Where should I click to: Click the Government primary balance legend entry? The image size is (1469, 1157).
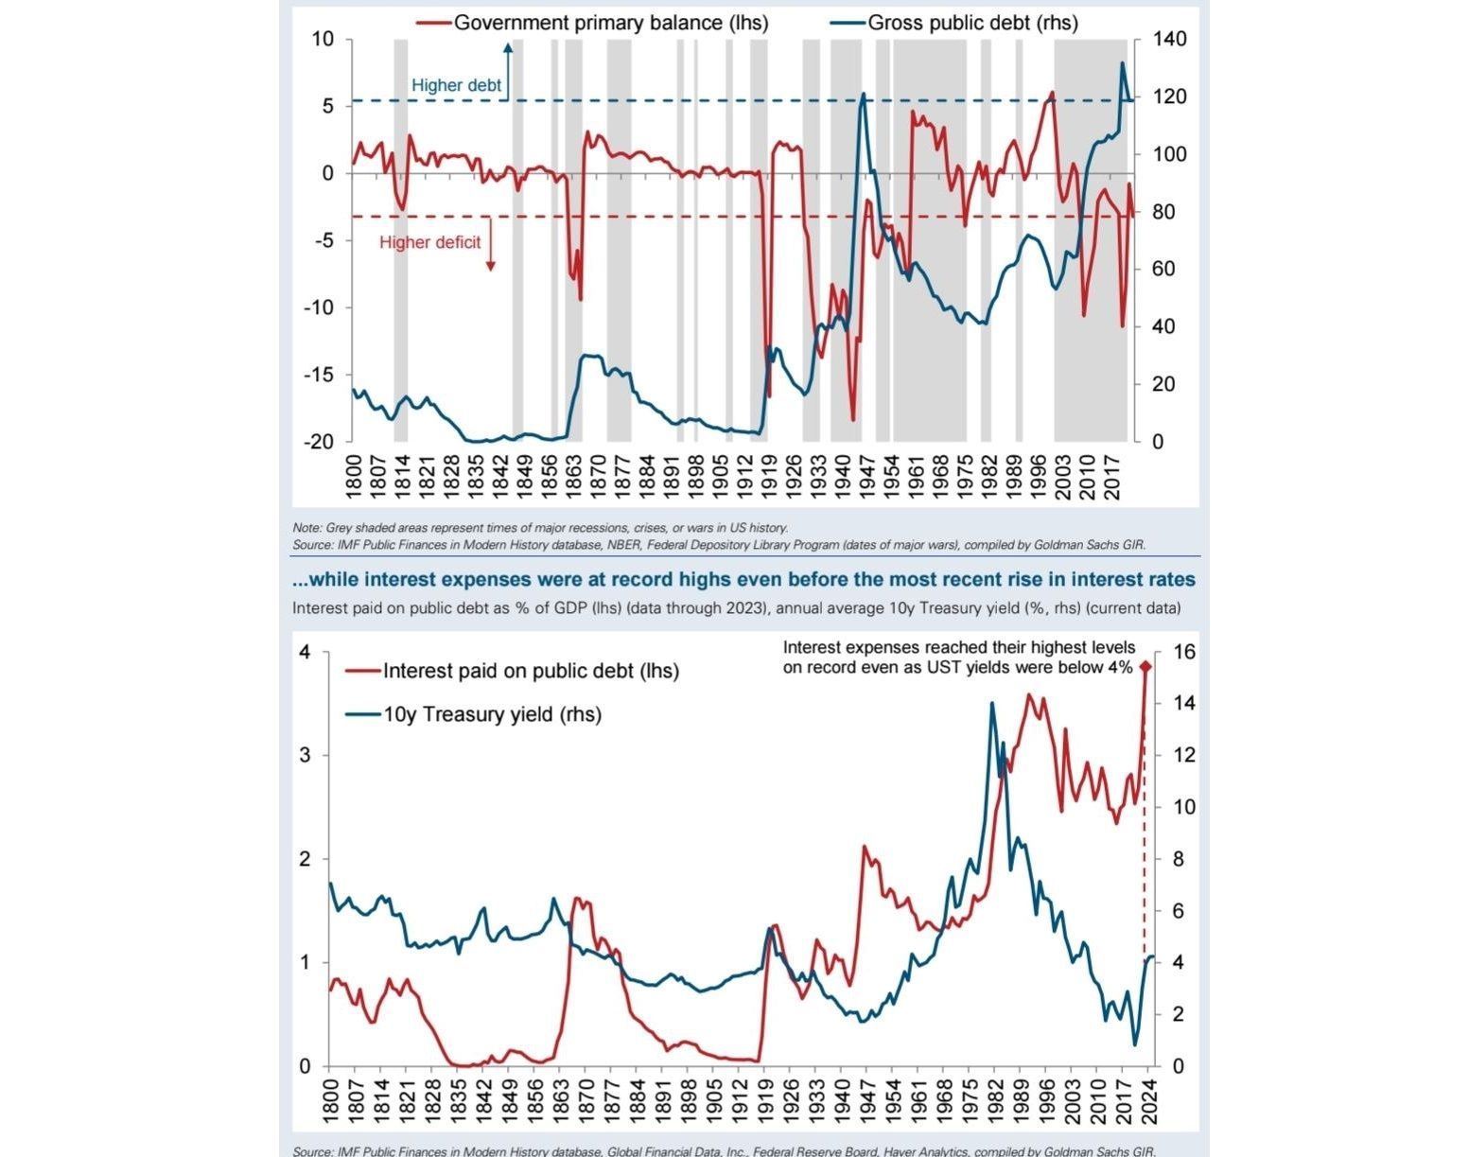tap(610, 23)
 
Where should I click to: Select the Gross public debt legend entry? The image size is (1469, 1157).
tap(972, 23)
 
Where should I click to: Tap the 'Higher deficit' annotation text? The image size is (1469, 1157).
tap(429, 242)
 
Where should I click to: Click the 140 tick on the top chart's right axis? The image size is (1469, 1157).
tap(1170, 40)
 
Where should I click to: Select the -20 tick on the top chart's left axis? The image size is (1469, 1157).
tap(319, 442)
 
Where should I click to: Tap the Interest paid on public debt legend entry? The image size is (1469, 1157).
tap(530, 671)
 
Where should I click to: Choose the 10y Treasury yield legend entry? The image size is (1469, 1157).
tap(492, 714)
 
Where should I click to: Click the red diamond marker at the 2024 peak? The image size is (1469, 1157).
tap(1145, 667)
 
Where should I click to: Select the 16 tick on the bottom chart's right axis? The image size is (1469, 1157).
tap(1184, 652)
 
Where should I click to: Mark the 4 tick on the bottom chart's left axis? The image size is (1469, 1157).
tap(305, 652)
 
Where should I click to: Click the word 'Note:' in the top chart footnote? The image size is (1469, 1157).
tap(306, 528)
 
